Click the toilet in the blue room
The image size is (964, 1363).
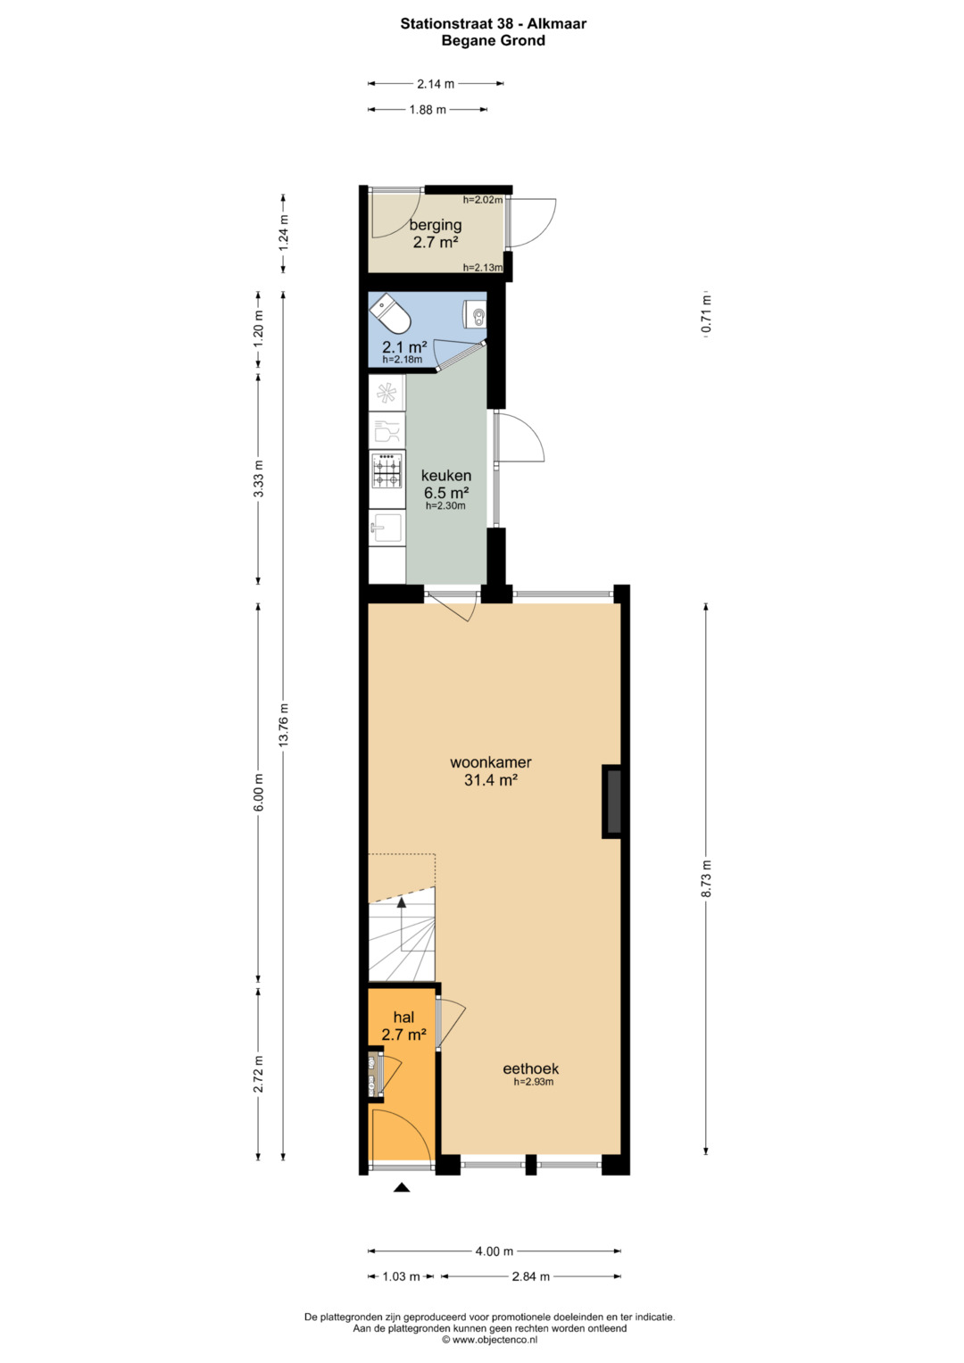tap(390, 313)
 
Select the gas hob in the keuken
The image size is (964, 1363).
tap(387, 470)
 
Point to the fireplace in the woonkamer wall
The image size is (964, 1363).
tap(611, 802)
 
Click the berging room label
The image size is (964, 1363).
tap(436, 225)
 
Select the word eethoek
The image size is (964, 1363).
tap(531, 1068)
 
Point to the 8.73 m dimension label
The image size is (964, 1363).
tap(706, 878)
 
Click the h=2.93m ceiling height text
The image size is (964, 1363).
tap(534, 1082)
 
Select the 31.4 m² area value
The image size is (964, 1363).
tap(491, 780)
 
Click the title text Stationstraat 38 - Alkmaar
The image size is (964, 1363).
tap(494, 24)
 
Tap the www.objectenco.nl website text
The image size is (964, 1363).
tap(491, 1339)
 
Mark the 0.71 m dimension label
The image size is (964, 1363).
tap(706, 314)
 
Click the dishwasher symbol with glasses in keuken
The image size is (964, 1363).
tap(387, 431)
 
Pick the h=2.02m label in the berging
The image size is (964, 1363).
tap(483, 199)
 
